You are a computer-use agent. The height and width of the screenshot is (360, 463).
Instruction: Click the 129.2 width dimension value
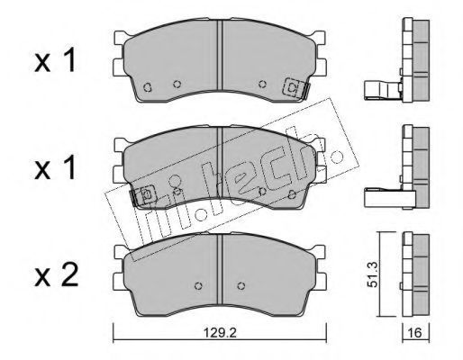(220, 333)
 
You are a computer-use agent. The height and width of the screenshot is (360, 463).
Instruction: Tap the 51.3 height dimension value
(373, 274)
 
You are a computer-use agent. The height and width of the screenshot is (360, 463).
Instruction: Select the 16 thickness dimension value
(415, 333)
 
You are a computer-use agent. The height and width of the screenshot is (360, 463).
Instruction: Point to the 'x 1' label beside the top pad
(55, 61)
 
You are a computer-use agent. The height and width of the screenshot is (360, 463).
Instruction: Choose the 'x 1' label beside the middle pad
(55, 168)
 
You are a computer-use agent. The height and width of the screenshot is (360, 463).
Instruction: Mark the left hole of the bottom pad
(198, 285)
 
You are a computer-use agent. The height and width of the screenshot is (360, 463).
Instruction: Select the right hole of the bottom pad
(241, 285)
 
